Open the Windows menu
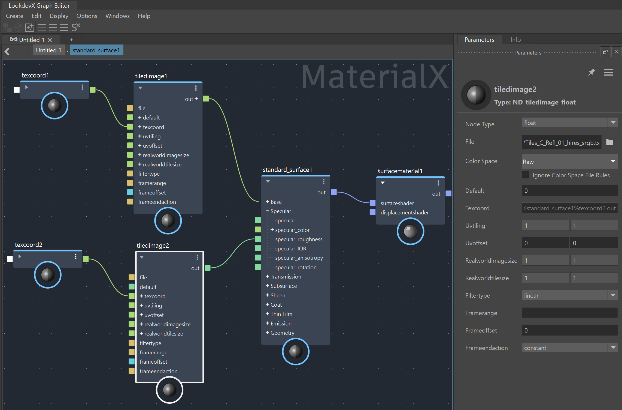pyautogui.click(x=117, y=16)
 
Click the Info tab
pyautogui.click(x=515, y=40)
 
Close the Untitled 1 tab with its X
pyautogui.click(x=50, y=40)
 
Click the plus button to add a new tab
pyautogui.click(x=72, y=40)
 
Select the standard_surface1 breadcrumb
pyautogui.click(x=96, y=50)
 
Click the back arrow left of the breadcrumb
pyautogui.click(x=7, y=51)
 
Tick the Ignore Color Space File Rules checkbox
pyautogui.click(x=525, y=175)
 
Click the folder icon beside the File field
pyautogui.click(x=610, y=142)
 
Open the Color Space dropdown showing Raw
pyautogui.click(x=569, y=161)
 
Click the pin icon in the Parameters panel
pyautogui.click(x=591, y=72)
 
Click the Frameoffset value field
pyautogui.click(x=569, y=330)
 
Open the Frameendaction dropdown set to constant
pyautogui.click(x=569, y=348)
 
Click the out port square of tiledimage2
pyautogui.click(x=208, y=268)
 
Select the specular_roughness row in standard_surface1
pyautogui.click(x=299, y=239)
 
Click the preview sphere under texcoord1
pyautogui.click(x=54, y=106)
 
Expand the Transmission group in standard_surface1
pyautogui.click(x=268, y=277)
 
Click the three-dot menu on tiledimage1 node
pyautogui.click(x=196, y=88)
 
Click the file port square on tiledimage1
pyautogui.click(x=130, y=108)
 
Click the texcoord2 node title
pyautogui.click(x=29, y=245)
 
